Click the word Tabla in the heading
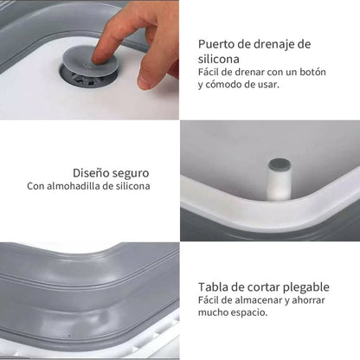(x=214, y=287)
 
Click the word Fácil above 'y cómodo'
(x=211, y=73)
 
